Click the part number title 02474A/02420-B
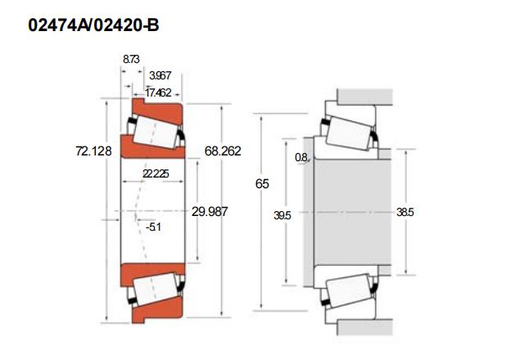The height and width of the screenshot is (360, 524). coord(93,25)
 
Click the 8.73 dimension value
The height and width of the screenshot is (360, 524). coord(131,60)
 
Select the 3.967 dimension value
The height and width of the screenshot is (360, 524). coord(160,76)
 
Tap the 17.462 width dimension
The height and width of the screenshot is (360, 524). coord(158,92)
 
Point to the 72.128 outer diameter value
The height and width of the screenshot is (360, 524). coord(93,151)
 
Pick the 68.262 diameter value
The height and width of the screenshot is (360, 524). coord(223,151)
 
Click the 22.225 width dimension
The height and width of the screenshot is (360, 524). coord(156,174)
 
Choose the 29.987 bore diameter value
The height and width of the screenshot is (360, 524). coord(210,212)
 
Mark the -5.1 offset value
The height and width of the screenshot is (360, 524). coord(153,227)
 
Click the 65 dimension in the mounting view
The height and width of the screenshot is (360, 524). coord(262,184)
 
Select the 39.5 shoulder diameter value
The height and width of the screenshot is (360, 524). coord(282,216)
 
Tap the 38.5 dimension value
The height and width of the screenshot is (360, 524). coord(405,213)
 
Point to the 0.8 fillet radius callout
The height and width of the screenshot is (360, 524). coord(301,157)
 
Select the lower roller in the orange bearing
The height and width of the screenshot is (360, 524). coord(155,289)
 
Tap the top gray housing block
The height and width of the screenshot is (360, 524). coord(365,97)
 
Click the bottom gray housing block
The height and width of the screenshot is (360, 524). coord(365,327)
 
